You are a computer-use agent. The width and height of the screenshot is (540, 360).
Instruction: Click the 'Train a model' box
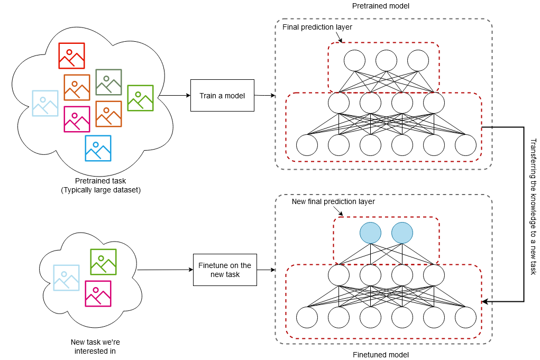coord(222,96)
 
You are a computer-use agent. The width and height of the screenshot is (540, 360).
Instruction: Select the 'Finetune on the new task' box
coord(225,270)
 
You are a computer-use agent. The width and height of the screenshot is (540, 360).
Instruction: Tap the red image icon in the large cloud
coord(71,56)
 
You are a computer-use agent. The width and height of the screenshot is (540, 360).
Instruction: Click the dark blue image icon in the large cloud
coord(98,148)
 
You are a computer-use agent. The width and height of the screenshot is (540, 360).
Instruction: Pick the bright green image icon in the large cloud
coord(140,98)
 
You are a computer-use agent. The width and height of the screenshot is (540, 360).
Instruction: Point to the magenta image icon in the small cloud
coord(98,293)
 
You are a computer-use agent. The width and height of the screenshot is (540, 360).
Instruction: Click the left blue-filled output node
coord(370,233)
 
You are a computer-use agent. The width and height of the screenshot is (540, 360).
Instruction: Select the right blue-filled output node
coord(402,233)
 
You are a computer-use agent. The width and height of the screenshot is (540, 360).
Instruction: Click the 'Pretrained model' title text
coord(376,5)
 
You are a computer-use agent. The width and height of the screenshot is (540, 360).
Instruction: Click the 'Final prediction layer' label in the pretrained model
coord(317,27)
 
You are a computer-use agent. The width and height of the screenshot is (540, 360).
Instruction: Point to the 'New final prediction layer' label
coord(333,202)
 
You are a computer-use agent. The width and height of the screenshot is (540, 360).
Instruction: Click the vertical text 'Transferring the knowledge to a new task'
coord(533,207)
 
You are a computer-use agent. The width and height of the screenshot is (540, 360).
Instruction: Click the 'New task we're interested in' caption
coord(93,346)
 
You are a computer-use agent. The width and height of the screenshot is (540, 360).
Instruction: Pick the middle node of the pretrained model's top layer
coord(386,60)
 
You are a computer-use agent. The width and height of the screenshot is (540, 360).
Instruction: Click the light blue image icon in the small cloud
coord(66,278)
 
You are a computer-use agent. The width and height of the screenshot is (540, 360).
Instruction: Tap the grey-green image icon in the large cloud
coord(108,82)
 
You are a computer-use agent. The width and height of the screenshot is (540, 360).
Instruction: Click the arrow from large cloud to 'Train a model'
coord(175,96)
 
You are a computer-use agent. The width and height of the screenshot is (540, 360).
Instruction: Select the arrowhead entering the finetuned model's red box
coord(486,301)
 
